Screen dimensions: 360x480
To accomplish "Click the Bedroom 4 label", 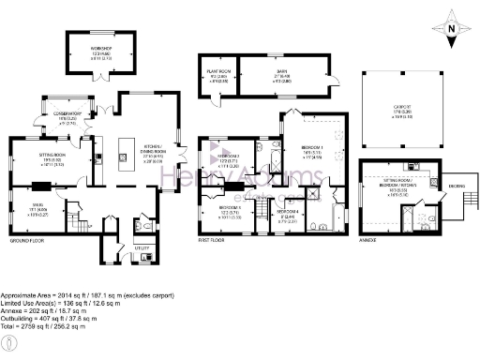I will click(x=289, y=212).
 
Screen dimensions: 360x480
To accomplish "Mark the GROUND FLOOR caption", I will click(x=30, y=241).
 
